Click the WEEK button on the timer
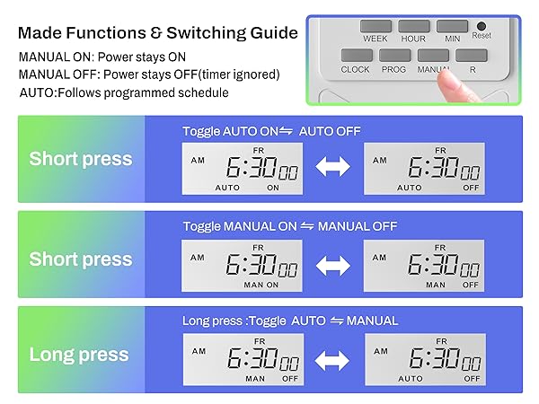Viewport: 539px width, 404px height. pyautogui.click(x=376, y=27)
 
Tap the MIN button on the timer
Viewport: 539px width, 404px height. pyautogui.click(x=452, y=27)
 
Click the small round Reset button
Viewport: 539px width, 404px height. pyautogui.click(x=482, y=26)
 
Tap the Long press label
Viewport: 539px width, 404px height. pyautogui.click(x=79, y=355)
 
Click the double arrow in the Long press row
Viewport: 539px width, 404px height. pyautogui.click(x=332, y=361)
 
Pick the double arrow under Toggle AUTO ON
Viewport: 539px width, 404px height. pyautogui.click(x=332, y=168)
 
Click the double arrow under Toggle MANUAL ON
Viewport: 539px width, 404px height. pyautogui.click(x=332, y=265)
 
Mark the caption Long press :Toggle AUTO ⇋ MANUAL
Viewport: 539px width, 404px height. pyautogui.click(x=289, y=321)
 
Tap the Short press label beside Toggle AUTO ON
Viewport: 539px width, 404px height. pyautogui.click(x=80, y=160)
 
